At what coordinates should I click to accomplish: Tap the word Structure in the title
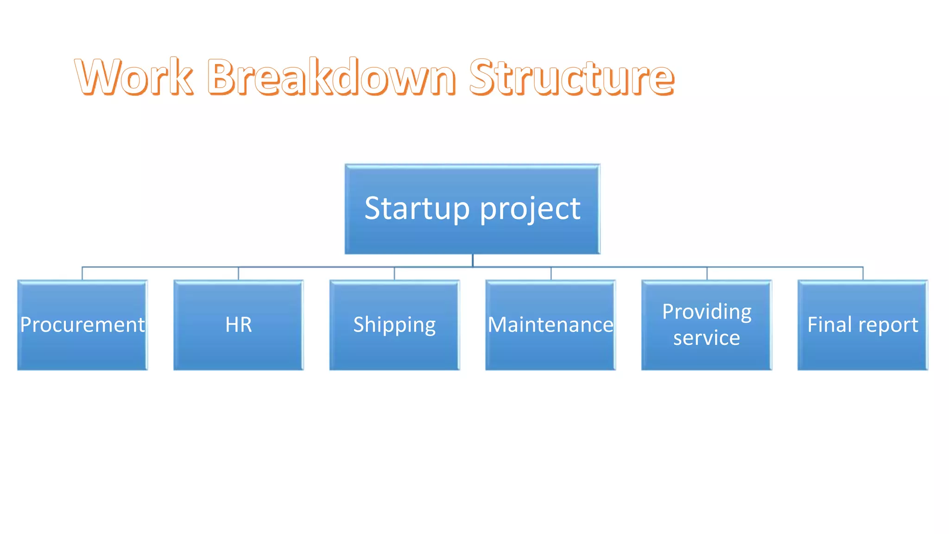(x=571, y=77)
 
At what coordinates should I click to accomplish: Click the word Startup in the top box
(x=417, y=209)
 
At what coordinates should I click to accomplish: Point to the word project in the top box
(x=530, y=210)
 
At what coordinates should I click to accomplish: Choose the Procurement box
(x=82, y=325)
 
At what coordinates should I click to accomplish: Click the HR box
(x=239, y=325)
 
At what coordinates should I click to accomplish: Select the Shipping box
(x=394, y=325)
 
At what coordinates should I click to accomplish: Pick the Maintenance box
(x=550, y=325)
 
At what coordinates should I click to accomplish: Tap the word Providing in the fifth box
(x=707, y=312)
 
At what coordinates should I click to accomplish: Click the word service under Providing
(x=707, y=338)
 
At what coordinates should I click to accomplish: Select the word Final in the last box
(x=829, y=324)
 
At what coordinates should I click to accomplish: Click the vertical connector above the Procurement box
(x=82, y=273)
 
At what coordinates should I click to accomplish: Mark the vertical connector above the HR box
(x=239, y=273)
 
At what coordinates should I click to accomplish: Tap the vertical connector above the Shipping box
(x=394, y=273)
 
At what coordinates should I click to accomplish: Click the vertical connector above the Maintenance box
(x=551, y=273)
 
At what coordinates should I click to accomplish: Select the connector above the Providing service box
(x=707, y=273)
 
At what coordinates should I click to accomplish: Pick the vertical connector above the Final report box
(x=863, y=273)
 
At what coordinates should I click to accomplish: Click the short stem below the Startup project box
(x=473, y=261)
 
